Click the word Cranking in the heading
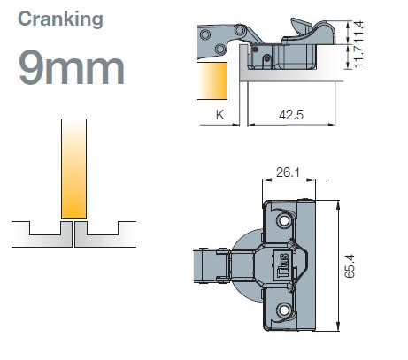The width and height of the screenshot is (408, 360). pyautogui.click(x=60, y=19)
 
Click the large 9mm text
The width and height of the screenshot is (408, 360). pyautogui.click(x=72, y=68)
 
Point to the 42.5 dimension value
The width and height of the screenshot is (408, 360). pyautogui.click(x=291, y=114)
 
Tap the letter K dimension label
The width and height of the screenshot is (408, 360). pyautogui.click(x=220, y=114)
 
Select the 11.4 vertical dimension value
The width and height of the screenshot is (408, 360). pyautogui.click(x=358, y=31)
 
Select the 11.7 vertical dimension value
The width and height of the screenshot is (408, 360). pyautogui.click(x=358, y=57)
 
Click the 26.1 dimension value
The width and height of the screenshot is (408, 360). pyautogui.click(x=288, y=172)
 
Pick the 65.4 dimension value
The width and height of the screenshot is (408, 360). pyautogui.click(x=350, y=266)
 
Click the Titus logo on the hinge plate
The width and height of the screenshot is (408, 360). pyautogui.click(x=283, y=265)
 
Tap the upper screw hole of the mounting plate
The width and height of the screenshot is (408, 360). pyautogui.click(x=284, y=220)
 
